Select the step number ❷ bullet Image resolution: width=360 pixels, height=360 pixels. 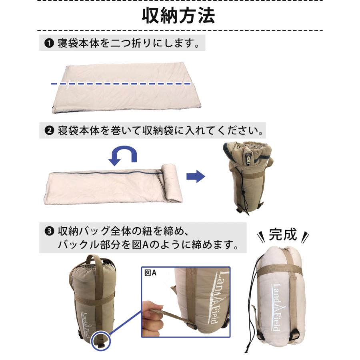point(49,131)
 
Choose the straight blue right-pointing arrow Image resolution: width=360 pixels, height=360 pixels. point(195,177)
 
